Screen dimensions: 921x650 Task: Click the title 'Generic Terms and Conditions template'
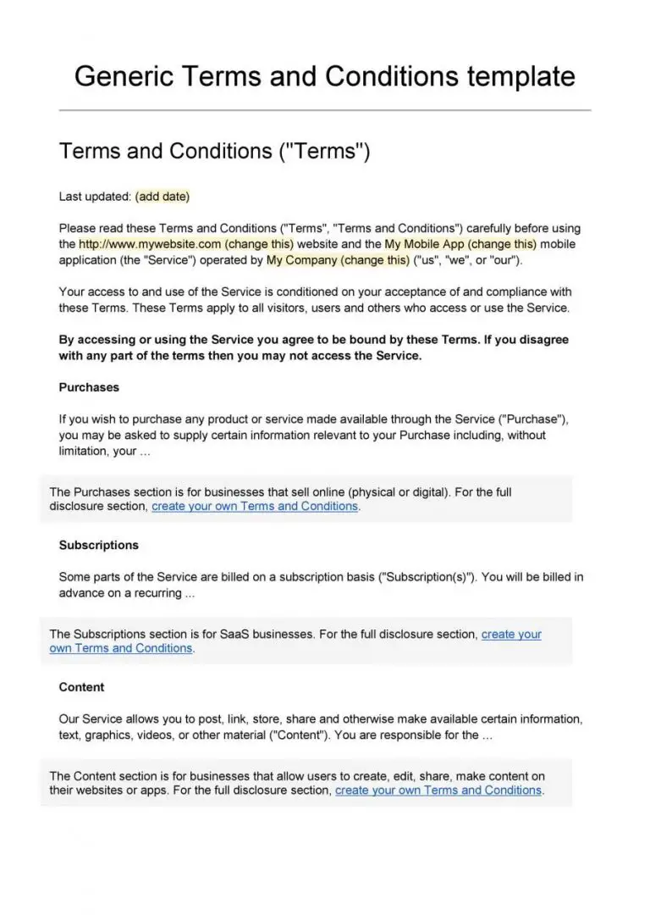325,76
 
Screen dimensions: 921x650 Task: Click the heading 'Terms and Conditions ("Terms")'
215,152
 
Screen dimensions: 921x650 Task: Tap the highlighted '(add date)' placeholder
162,197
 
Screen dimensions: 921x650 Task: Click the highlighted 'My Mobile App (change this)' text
460,244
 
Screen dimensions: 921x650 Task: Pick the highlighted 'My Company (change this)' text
338,260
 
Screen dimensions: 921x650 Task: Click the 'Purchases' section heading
89,387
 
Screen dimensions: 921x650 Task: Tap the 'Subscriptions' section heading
98,545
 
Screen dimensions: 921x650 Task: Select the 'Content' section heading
81,687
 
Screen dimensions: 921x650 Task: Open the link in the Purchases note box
255,507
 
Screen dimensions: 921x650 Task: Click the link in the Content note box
438,791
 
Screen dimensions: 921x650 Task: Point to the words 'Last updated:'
95,197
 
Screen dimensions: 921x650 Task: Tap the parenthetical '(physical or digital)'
398,491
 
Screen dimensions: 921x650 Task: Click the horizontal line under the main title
325,110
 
